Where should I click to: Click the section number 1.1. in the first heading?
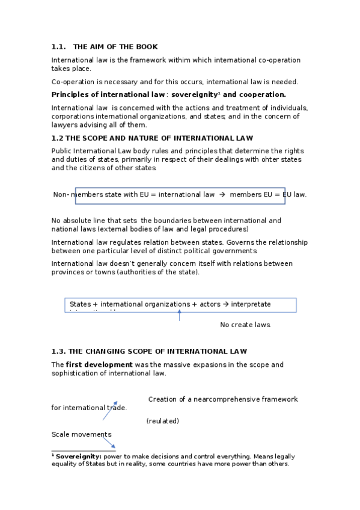click(x=59, y=46)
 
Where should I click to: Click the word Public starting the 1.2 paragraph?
click(x=62, y=150)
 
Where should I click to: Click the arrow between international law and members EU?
click(x=222, y=195)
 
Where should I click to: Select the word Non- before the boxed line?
click(x=62, y=195)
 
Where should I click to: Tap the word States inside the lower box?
click(x=80, y=304)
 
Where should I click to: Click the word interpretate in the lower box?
click(x=251, y=304)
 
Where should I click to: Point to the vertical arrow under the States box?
click(x=179, y=315)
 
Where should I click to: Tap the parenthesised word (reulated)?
click(x=163, y=421)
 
